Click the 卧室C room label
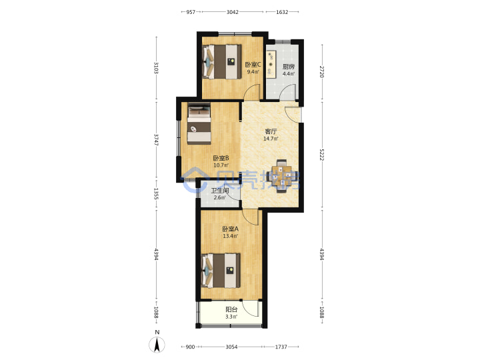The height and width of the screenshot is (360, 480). [253, 65]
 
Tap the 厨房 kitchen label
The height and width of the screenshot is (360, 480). [289, 67]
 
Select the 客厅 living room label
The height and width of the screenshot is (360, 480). [271, 131]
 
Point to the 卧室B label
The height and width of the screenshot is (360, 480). [221, 158]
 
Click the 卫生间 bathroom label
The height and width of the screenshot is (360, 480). [220, 191]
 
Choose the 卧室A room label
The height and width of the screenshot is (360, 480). [231, 229]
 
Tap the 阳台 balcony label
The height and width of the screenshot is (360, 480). [231, 309]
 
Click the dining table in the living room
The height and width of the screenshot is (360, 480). [282, 176]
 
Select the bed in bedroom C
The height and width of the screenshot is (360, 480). [222, 62]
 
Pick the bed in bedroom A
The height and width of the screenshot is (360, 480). [221, 270]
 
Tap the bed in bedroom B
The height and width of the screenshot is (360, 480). [199, 124]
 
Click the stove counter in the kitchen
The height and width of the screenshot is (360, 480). [271, 63]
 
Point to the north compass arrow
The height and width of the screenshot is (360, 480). [157, 345]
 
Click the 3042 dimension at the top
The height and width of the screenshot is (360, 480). [233, 12]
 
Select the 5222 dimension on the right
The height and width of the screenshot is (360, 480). [322, 155]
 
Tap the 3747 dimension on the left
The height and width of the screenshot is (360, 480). [156, 139]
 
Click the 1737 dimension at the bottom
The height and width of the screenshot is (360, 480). [281, 347]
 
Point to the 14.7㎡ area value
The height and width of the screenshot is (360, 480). [271, 139]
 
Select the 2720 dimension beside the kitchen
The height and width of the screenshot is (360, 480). [322, 71]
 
